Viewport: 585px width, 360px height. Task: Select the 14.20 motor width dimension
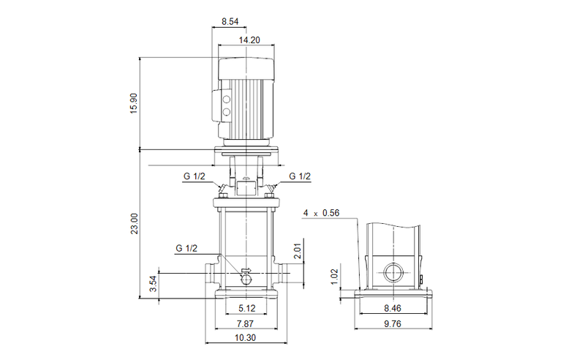[250, 40]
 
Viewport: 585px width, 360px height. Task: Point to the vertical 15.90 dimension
[133, 103]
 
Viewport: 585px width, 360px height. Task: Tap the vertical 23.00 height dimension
[133, 223]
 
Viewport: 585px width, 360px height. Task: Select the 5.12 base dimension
[246, 309]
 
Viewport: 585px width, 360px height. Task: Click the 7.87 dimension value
[246, 324]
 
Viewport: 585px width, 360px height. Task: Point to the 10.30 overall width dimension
[246, 339]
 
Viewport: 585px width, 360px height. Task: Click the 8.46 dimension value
[391, 309]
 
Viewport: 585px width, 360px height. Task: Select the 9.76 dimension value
[391, 324]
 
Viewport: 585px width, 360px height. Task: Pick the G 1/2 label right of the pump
[300, 176]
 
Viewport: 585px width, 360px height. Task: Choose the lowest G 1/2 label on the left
[186, 249]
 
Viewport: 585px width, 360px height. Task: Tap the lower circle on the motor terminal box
[226, 112]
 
